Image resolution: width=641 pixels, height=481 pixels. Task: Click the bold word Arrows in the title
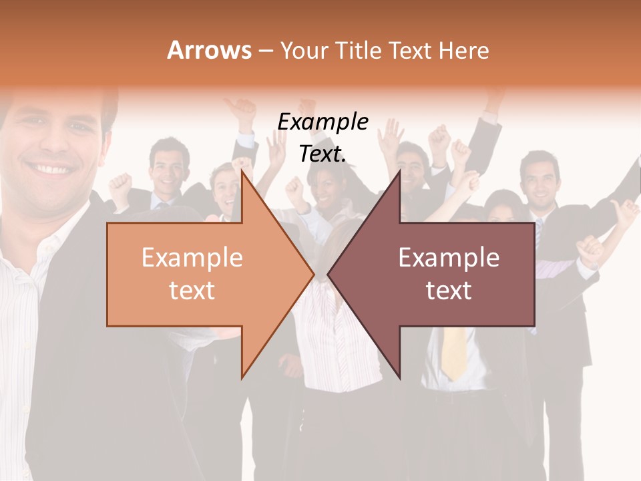point(209,50)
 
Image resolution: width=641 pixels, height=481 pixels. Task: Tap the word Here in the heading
point(465,50)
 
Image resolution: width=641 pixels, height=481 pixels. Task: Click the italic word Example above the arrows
point(323,122)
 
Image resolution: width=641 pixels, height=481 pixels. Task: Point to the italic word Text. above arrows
point(323,154)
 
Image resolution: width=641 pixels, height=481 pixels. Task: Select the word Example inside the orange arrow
point(192,258)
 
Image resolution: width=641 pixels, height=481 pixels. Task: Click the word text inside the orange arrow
point(192,290)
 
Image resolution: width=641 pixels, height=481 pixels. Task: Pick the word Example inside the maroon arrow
point(449,258)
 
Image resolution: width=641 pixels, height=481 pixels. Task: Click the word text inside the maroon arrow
point(449,290)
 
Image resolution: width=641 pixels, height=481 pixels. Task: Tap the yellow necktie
point(455,351)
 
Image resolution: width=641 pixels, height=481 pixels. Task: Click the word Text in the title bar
point(408,50)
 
